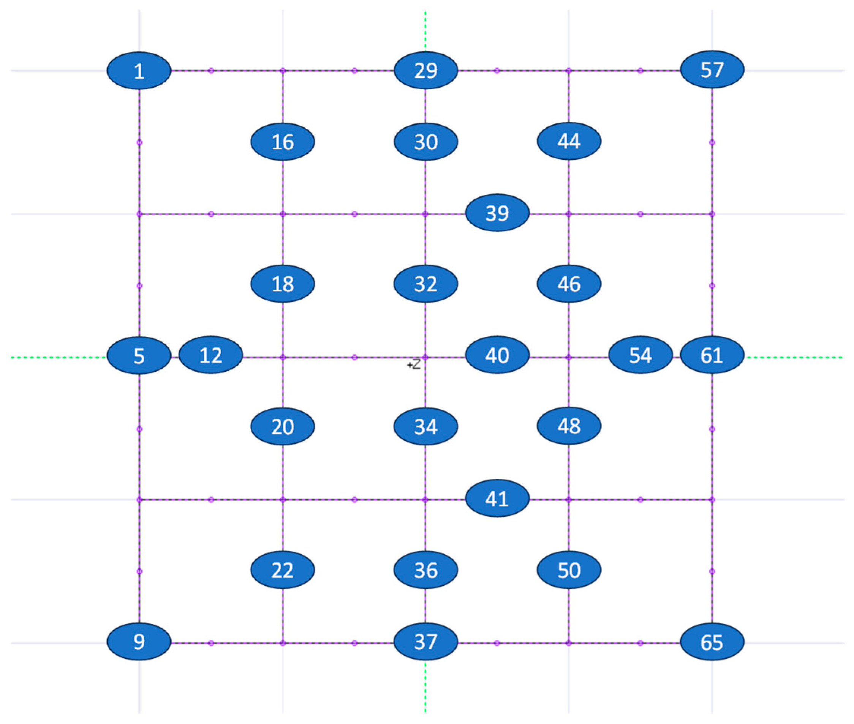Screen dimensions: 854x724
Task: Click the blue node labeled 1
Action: tap(139, 71)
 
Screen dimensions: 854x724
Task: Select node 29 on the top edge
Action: tap(426, 70)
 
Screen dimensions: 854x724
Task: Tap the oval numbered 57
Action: tap(712, 69)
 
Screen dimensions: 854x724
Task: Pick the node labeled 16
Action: tap(283, 142)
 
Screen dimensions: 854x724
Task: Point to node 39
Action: tap(497, 213)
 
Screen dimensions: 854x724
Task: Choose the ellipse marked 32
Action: tap(426, 284)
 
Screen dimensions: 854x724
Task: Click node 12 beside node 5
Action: tap(210, 355)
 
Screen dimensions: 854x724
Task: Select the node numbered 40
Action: tap(497, 355)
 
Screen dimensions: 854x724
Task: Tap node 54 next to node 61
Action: tap(640, 355)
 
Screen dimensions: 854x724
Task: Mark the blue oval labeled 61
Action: tap(712, 355)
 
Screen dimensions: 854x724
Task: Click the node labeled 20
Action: tap(283, 426)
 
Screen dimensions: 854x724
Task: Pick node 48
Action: tap(569, 426)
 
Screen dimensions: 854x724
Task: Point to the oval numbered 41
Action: tap(497, 498)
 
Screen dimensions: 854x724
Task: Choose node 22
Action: tap(283, 570)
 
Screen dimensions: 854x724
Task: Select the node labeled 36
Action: tap(426, 570)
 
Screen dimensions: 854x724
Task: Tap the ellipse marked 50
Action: tap(569, 570)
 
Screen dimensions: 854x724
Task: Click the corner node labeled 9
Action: tap(139, 642)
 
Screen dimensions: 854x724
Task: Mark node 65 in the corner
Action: tap(712, 642)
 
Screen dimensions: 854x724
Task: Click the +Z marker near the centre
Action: tap(414, 364)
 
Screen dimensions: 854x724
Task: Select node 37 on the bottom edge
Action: tap(426, 642)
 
